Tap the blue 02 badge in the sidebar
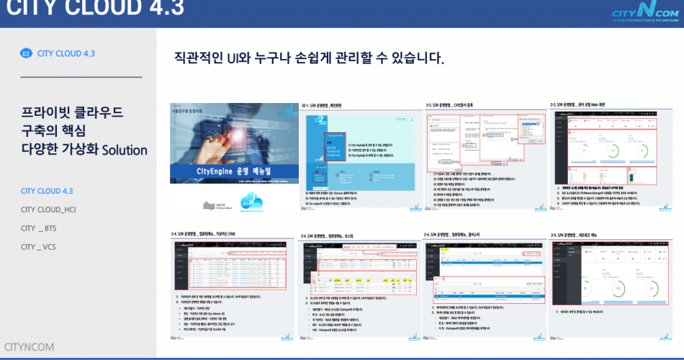pos(26,53)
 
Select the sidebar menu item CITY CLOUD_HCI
pos(48,210)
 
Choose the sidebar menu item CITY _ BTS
pos(40,228)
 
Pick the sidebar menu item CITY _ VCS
pos(39,247)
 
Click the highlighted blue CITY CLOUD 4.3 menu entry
pos(47,191)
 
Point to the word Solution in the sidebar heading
pos(125,150)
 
